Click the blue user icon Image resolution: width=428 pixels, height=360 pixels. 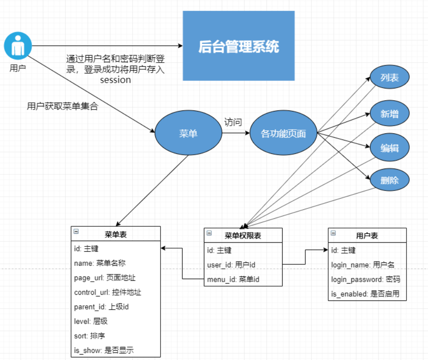18,46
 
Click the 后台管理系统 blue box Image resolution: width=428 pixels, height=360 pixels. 238,46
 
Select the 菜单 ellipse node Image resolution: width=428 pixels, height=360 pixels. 188,133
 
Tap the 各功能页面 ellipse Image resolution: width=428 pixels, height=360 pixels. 283,133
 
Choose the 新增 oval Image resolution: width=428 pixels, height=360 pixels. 390,114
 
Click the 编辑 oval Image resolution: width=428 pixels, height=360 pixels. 390,148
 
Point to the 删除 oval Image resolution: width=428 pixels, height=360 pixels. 390,181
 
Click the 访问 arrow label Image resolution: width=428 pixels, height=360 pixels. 233,122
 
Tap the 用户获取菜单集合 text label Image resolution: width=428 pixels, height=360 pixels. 62,106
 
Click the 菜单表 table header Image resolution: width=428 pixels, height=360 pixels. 116,234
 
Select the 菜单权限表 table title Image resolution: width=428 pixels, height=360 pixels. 243,235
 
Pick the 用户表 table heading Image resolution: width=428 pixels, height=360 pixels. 367,235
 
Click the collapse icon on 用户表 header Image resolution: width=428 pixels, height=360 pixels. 333,233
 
